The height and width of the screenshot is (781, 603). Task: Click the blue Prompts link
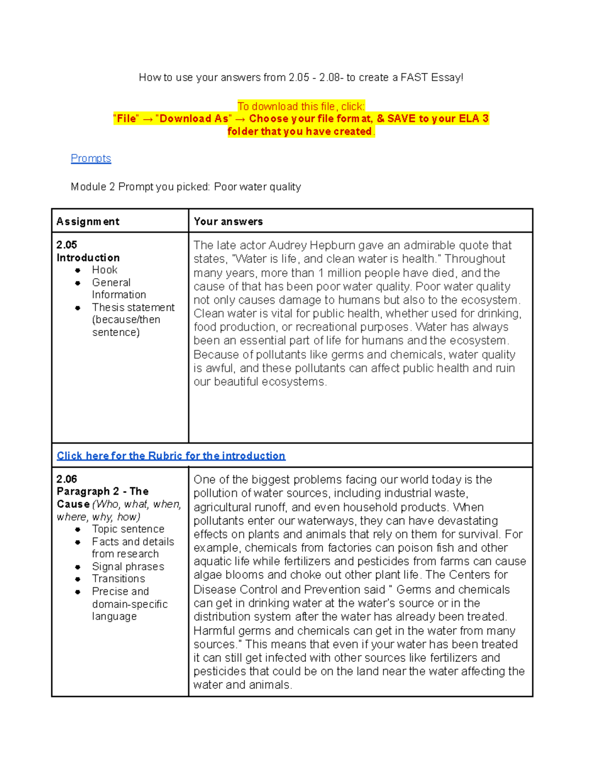tap(90, 158)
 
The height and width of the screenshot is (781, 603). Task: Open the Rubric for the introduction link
tap(171, 456)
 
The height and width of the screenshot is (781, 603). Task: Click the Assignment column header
tap(88, 221)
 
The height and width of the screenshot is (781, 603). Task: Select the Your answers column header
tap(228, 221)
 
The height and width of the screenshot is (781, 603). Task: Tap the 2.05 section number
tap(66, 245)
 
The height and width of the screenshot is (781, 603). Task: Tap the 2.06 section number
tap(66, 479)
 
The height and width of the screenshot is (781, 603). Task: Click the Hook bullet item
tap(105, 270)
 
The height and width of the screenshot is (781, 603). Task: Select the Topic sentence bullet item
tap(128, 529)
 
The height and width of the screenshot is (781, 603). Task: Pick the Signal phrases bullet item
tap(128, 566)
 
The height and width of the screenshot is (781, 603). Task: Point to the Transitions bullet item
tap(119, 579)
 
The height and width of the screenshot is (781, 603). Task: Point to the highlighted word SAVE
tap(401, 119)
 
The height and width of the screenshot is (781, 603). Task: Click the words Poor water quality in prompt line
tap(257, 187)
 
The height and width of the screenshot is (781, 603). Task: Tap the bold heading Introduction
tap(88, 257)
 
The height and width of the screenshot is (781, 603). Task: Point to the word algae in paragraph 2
tap(208, 575)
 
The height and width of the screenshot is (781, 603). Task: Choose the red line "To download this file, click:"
tap(301, 107)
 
